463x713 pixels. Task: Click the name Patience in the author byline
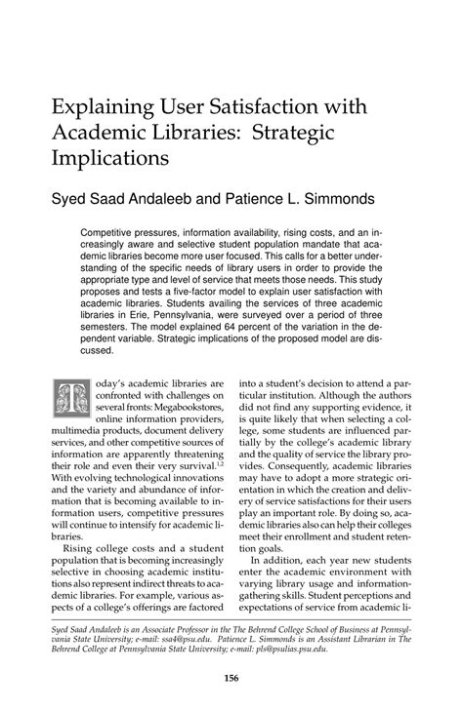(285, 200)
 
